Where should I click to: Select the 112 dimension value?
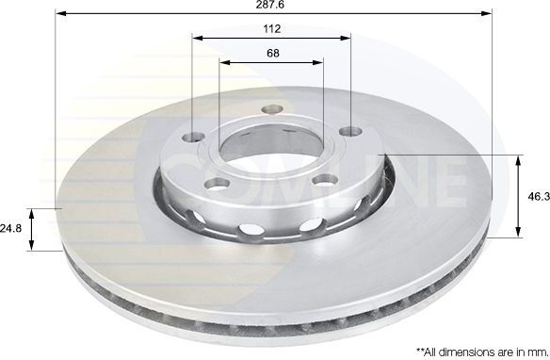(271, 28)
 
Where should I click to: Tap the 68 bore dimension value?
(271, 53)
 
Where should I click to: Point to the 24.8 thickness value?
(11, 227)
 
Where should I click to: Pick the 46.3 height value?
(537, 197)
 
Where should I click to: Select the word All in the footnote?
(423, 349)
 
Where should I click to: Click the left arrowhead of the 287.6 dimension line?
(59, 14)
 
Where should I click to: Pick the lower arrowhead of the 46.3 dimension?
(519, 233)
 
